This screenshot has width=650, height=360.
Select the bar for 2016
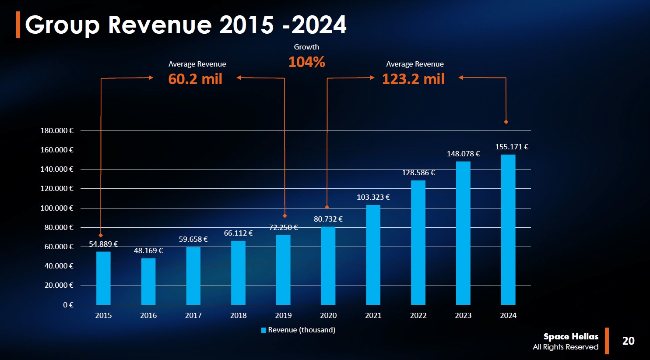(148, 282)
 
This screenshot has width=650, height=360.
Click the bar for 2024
(508, 230)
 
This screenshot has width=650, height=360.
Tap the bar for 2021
(373, 255)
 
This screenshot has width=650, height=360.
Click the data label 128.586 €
(418, 173)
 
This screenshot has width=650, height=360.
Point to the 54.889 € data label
(103, 244)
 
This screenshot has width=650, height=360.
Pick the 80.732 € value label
(328, 219)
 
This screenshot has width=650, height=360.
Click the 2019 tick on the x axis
(283, 315)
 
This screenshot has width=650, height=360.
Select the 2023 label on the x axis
(463, 315)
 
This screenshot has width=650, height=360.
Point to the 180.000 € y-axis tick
(57, 131)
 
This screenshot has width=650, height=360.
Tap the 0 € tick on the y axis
(68, 305)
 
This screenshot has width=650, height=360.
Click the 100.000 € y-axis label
(57, 208)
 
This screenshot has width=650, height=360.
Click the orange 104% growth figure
(306, 62)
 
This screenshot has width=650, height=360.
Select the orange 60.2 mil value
(195, 79)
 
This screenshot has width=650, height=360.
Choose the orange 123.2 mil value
(413, 79)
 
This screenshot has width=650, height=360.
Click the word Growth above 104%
(306, 47)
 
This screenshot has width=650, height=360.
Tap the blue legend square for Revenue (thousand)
(264, 330)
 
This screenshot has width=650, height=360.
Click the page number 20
(628, 341)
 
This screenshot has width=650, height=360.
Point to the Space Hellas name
(571, 336)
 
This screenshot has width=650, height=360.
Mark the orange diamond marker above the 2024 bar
(506, 122)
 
